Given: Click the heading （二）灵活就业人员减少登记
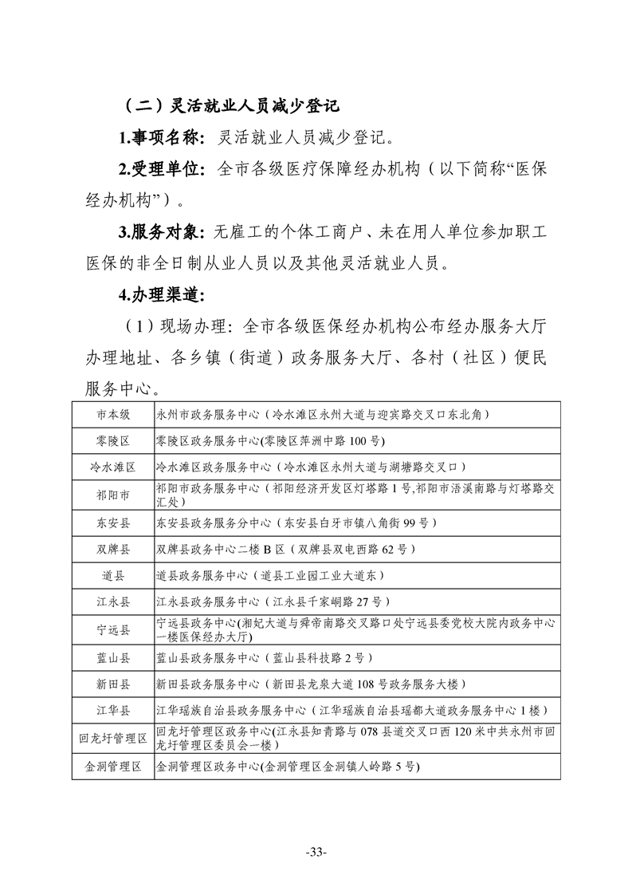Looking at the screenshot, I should (x=232, y=104).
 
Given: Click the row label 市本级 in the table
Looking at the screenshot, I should (x=113, y=414).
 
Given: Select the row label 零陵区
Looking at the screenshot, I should (x=113, y=440).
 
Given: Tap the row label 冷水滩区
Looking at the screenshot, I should (x=113, y=467).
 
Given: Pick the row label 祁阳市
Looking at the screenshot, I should (x=113, y=495).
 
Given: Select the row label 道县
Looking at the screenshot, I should (x=113, y=575).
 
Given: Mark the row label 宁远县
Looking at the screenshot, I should (x=113, y=629).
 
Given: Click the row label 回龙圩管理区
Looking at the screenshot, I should (x=113, y=739).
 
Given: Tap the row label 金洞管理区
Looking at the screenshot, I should (x=113, y=767).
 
